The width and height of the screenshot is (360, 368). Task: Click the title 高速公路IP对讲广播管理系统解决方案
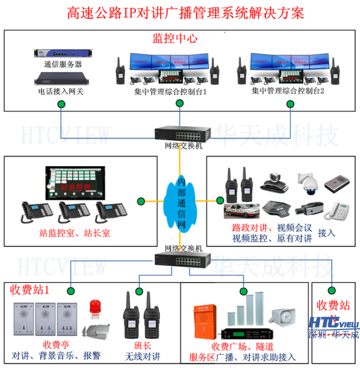click(185, 13)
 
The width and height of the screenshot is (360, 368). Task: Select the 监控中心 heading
click(175, 38)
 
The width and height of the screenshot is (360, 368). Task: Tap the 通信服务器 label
click(62, 65)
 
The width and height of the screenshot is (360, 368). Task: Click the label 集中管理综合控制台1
click(170, 92)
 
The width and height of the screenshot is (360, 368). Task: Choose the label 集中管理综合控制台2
click(288, 91)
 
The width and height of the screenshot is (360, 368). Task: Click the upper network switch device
click(180, 133)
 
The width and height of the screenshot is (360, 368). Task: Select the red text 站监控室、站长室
click(74, 233)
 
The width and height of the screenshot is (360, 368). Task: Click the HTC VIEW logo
click(334, 323)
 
